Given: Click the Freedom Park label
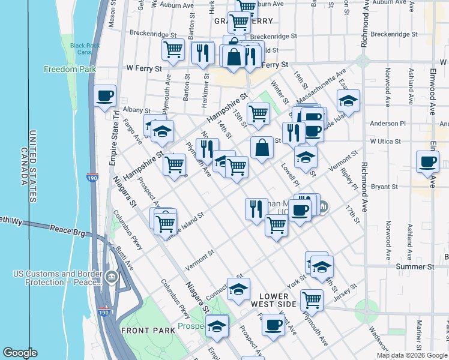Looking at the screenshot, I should (70, 69).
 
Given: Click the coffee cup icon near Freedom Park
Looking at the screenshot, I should (104, 96).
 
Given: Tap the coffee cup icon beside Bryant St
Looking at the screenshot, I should (427, 161).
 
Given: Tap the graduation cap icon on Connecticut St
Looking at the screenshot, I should (238, 290).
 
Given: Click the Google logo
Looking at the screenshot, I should (20, 353).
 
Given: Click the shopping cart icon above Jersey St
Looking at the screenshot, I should (312, 300).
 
